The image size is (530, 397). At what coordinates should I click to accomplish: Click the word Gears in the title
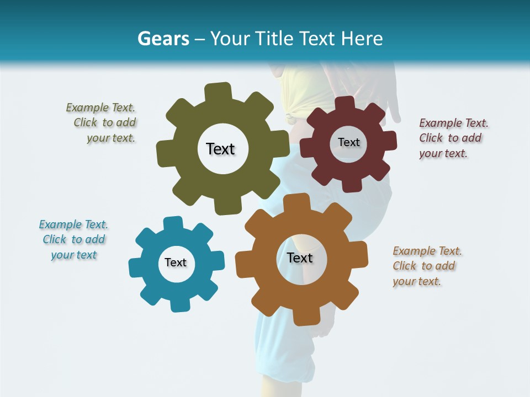(x=163, y=39)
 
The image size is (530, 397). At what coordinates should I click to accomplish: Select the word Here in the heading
(x=362, y=39)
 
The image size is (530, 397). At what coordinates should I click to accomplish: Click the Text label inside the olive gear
(x=220, y=149)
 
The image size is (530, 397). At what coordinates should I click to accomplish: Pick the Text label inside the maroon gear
(x=348, y=142)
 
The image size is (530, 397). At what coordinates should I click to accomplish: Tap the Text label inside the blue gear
(x=176, y=262)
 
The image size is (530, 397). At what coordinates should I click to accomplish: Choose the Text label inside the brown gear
(x=300, y=257)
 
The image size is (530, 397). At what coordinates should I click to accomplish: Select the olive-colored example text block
(x=102, y=123)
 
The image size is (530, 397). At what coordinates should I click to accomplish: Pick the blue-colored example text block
(x=73, y=239)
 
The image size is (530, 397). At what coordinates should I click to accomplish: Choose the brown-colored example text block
(x=426, y=266)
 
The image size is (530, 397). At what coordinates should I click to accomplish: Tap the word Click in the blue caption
(x=55, y=239)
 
